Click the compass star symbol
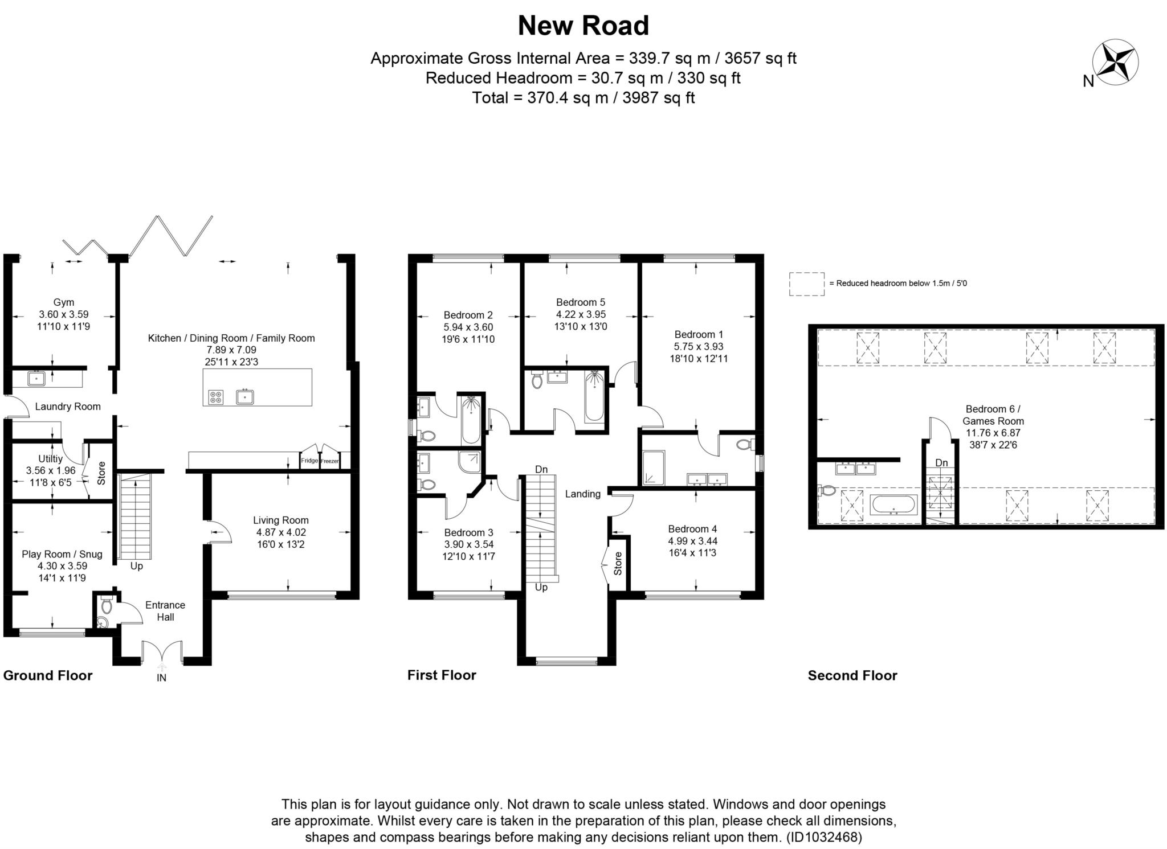(1115, 63)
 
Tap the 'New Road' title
(583, 26)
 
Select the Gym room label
(64, 302)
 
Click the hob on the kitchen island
(216, 397)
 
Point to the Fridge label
(309, 460)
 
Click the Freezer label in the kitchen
(330, 461)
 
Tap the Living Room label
(281, 520)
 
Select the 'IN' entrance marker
(162, 678)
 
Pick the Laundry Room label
(68, 407)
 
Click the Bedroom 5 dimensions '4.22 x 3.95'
(581, 314)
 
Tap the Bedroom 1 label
(699, 334)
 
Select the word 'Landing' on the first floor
(583, 494)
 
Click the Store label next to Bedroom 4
(618, 563)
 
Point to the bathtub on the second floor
(893, 505)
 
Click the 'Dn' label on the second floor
(941, 463)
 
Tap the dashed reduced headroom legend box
(806, 284)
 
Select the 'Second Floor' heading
(852, 675)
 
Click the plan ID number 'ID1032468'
(823, 837)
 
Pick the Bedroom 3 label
(469, 532)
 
